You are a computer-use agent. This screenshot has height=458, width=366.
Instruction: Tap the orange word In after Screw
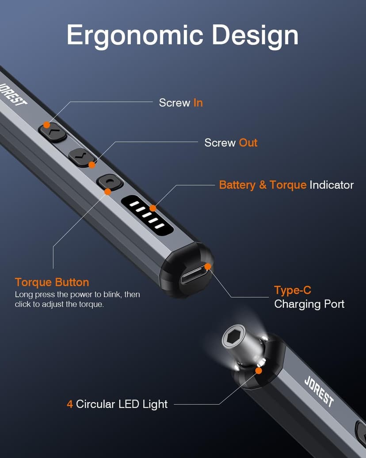[198, 103]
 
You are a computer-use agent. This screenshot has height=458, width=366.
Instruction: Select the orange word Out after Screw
[248, 143]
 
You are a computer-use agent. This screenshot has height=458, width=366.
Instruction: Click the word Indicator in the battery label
[332, 185]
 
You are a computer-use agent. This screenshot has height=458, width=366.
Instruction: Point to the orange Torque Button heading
[52, 282]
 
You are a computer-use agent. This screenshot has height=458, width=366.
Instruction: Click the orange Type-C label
[292, 290]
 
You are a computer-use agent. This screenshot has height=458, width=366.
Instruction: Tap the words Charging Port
[309, 304]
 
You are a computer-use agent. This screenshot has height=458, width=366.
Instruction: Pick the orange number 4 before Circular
[70, 404]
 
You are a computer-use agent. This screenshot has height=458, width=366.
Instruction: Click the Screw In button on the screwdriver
[53, 132]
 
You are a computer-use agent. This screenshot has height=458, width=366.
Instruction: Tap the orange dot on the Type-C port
[208, 267]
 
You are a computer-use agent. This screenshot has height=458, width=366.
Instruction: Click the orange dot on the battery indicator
[153, 208]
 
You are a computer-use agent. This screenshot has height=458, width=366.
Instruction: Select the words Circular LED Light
[122, 404]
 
